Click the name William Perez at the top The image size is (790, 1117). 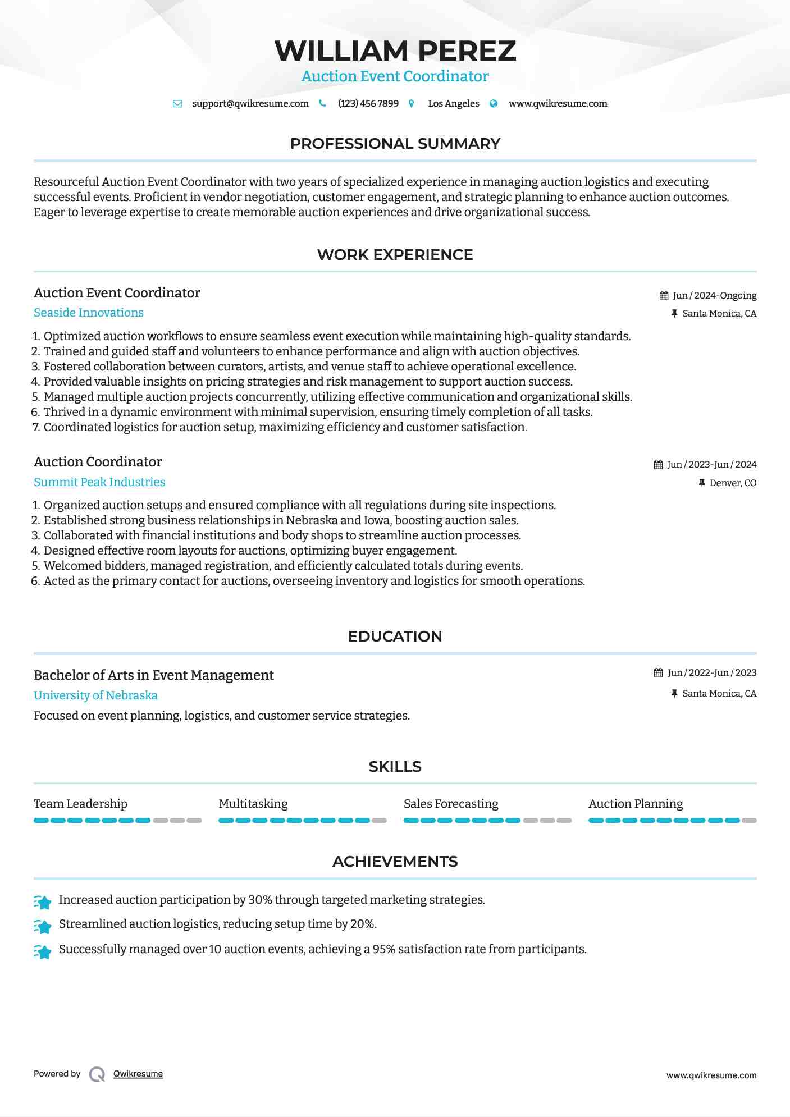[x=395, y=51]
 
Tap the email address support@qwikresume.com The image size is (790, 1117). [x=250, y=104]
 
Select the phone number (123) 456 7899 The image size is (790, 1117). [x=368, y=104]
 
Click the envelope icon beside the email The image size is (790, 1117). [x=177, y=104]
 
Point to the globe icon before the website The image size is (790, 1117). [x=494, y=104]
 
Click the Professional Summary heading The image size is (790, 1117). [x=395, y=144]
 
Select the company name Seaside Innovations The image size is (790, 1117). [x=89, y=313]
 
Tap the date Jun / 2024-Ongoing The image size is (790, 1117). [x=714, y=296]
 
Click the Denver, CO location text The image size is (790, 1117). [x=733, y=483]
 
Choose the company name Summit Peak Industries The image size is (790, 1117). [x=99, y=482]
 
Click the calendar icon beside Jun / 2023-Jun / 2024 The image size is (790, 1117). [x=658, y=465]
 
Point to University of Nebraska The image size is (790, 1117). [x=95, y=695]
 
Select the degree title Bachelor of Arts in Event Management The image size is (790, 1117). [x=154, y=675]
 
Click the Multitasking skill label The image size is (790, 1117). [x=253, y=804]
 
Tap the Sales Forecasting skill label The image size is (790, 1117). [x=451, y=804]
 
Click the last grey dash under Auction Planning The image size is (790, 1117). [x=749, y=821]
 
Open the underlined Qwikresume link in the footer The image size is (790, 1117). [x=138, y=1074]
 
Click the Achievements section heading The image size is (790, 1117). [x=395, y=862]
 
